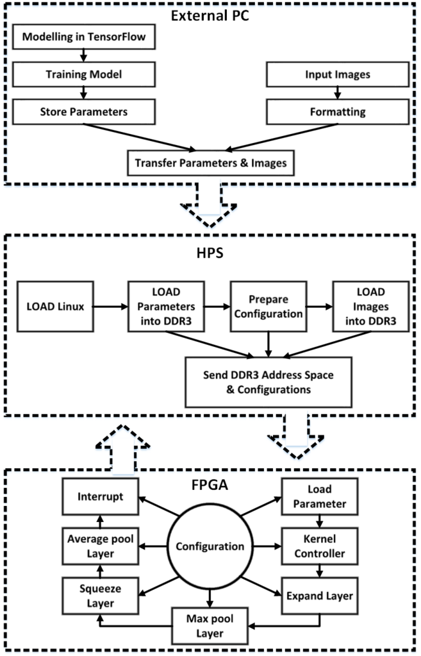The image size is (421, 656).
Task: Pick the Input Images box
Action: [x=337, y=75]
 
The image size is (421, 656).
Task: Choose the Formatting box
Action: [x=337, y=112]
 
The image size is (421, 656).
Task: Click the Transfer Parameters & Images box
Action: [x=211, y=163]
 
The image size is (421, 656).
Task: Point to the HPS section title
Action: [x=210, y=254]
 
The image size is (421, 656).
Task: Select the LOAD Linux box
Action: [x=56, y=306]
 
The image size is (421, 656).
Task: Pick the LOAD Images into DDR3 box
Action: [x=362, y=306]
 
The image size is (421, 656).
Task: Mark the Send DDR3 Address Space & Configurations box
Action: [x=268, y=382]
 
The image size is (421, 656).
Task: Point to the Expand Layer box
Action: [x=318, y=596]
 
